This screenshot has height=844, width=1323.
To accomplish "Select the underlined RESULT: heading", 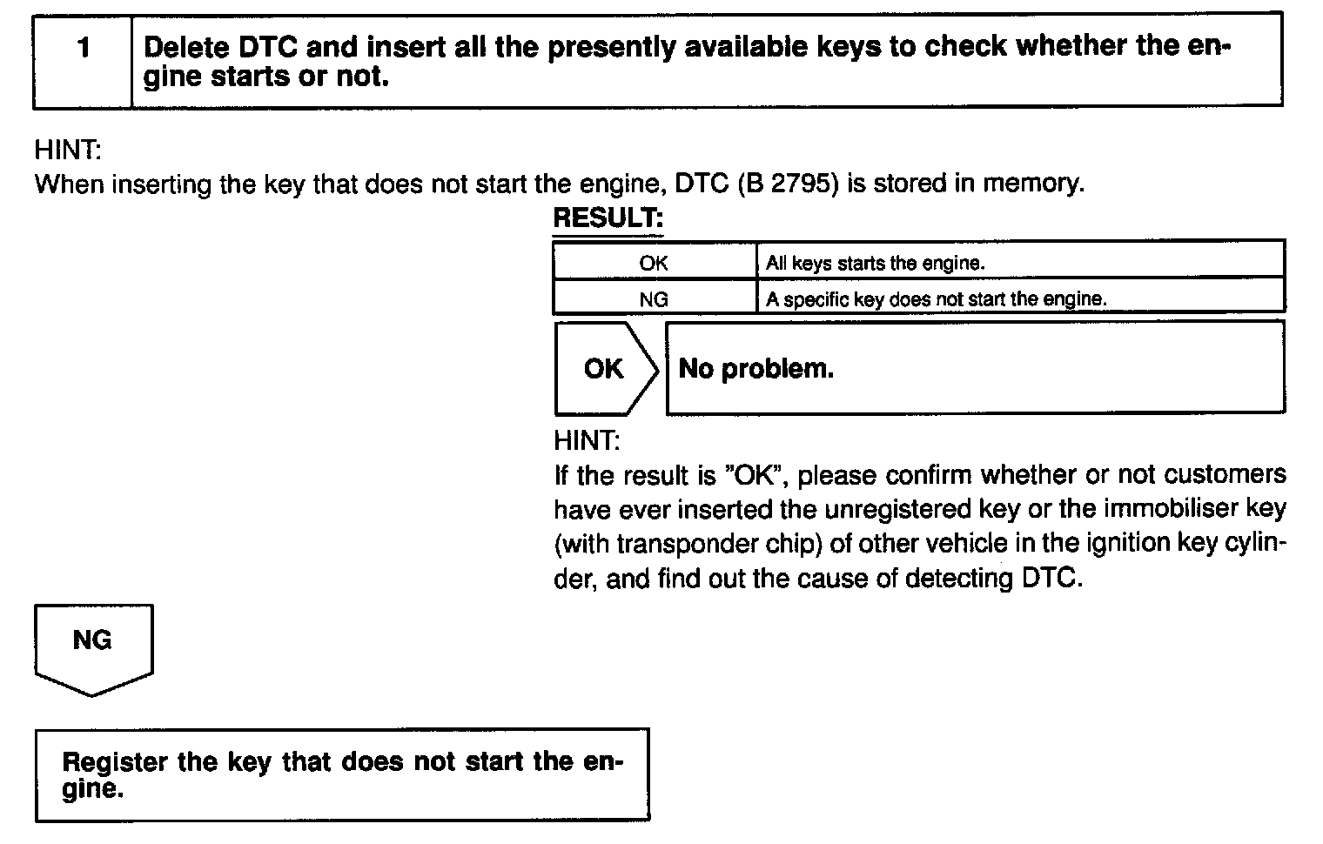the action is click(608, 218).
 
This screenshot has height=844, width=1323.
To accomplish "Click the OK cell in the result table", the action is click(654, 263).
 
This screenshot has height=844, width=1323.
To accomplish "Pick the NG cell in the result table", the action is click(654, 299).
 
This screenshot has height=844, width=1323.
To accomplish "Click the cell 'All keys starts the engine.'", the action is click(875, 263).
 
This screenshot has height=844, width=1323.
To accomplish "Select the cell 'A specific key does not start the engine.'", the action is click(936, 299).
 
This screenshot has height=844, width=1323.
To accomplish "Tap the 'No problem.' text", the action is click(756, 369).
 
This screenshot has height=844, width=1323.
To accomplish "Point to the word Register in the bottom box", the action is click(115, 762).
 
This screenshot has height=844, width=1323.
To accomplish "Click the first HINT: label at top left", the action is click(68, 150).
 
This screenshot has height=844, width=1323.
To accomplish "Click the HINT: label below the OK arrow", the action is click(587, 441).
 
